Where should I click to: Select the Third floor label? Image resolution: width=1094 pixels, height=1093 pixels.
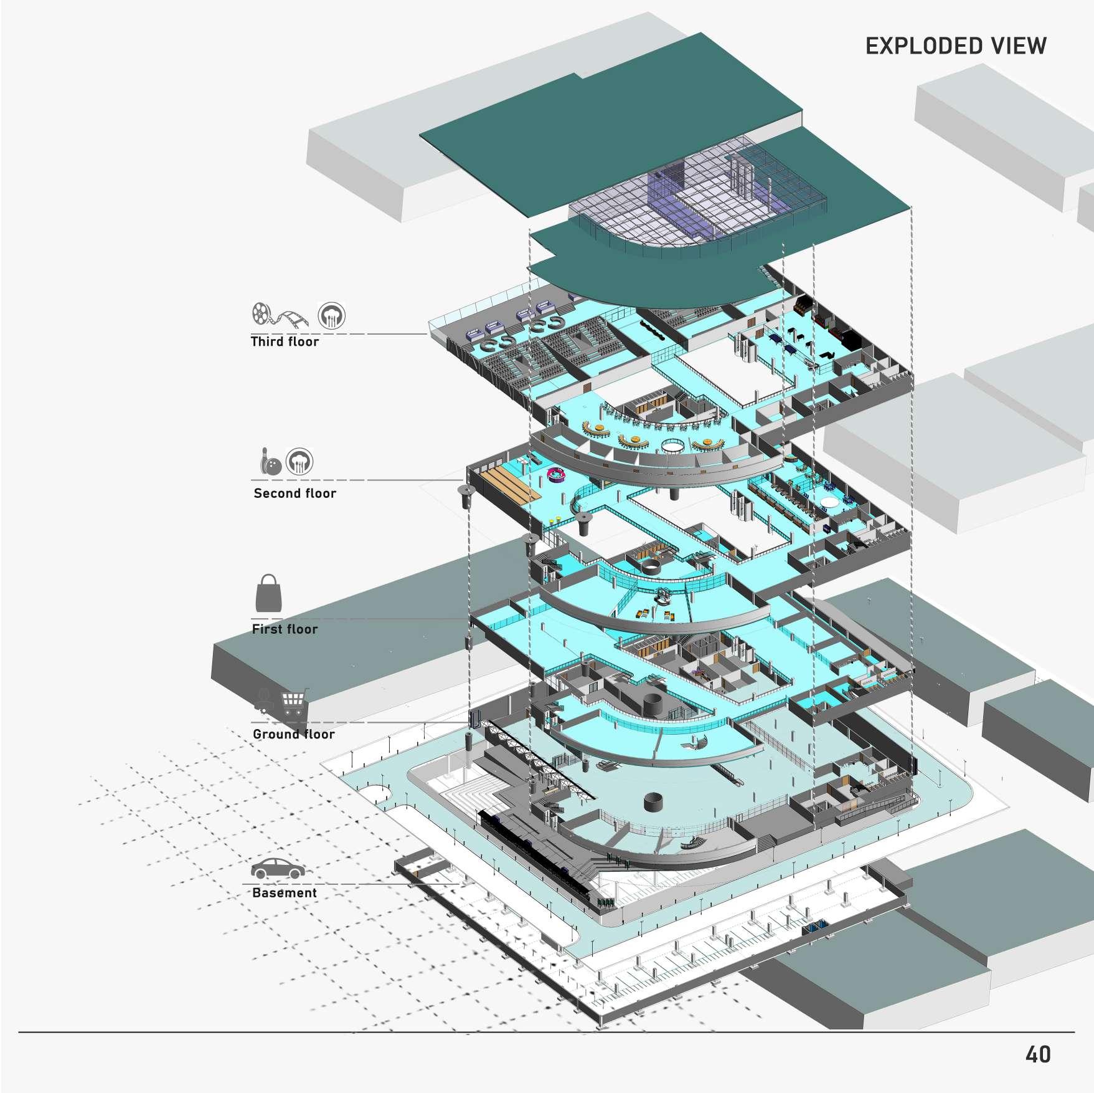click(285, 341)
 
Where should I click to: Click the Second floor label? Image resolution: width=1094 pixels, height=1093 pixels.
click(295, 494)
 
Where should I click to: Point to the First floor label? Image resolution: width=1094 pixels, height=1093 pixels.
click(285, 629)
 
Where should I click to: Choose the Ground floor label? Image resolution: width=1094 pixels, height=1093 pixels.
click(293, 734)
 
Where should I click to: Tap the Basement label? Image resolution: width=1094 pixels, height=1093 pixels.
click(285, 893)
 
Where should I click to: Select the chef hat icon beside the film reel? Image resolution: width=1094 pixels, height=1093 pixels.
click(331, 315)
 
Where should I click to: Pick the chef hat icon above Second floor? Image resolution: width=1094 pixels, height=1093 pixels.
click(299, 462)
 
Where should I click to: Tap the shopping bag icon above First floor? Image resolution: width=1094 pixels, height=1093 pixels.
click(268, 594)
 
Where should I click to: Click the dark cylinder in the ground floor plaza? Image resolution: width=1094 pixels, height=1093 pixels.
click(653, 802)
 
